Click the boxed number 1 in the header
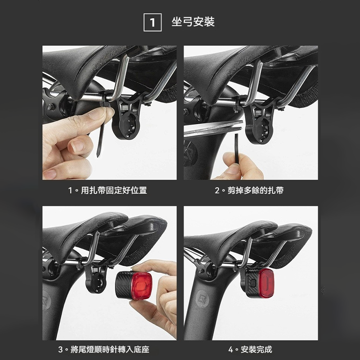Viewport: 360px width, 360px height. [x=153, y=22]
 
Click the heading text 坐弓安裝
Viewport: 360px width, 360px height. [x=193, y=22]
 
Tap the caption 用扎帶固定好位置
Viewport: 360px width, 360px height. [x=108, y=190]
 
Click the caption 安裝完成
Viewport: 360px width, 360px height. [x=250, y=349]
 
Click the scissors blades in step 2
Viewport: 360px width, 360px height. [x=211, y=129]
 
